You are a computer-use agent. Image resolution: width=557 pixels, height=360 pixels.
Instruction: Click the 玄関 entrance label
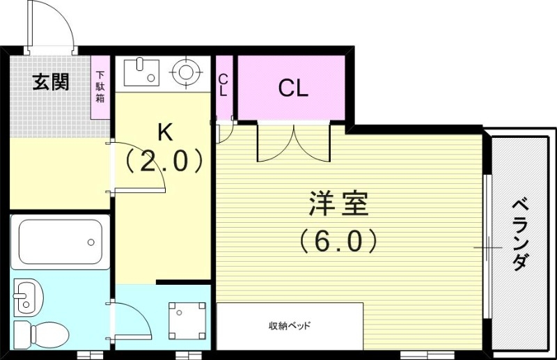tap(51, 82)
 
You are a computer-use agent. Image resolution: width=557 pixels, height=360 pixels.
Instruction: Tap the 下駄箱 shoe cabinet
tap(101, 87)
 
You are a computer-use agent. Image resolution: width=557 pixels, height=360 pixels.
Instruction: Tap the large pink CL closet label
tap(292, 88)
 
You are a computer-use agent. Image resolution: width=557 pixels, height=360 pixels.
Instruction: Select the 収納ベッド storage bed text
tap(289, 326)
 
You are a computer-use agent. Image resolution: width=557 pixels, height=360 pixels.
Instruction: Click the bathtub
tap(60, 243)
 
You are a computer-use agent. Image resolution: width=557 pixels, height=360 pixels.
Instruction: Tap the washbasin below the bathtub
tap(28, 298)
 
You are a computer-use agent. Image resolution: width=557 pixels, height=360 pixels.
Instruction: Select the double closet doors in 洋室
tap(293, 142)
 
